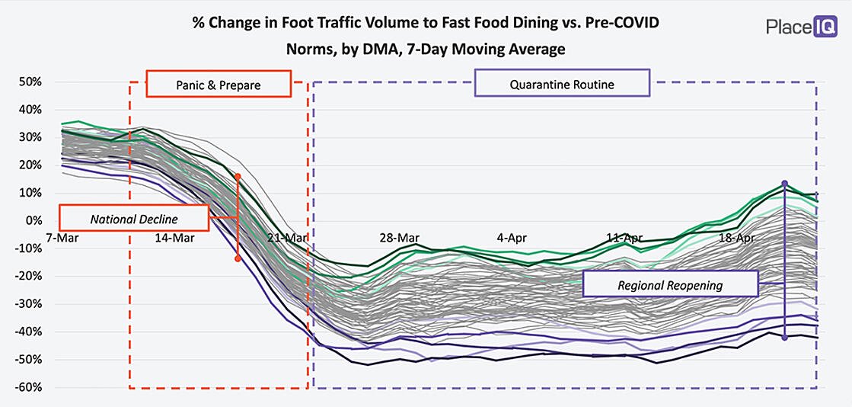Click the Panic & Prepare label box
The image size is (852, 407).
(x=218, y=85)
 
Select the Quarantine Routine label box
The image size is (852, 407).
(x=562, y=85)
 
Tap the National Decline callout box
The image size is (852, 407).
(x=134, y=219)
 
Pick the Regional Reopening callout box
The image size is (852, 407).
(x=670, y=284)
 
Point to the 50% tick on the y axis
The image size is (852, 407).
(x=31, y=82)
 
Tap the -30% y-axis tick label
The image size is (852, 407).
(x=30, y=304)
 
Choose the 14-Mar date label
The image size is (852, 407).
(x=174, y=237)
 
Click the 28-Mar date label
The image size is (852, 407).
(x=400, y=237)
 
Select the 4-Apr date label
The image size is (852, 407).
(x=512, y=237)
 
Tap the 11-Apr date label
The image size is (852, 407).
(x=624, y=237)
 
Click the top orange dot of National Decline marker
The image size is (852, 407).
(x=238, y=176)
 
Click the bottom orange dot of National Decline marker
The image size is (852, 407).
(x=238, y=259)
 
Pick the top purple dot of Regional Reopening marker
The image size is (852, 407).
(x=784, y=184)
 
